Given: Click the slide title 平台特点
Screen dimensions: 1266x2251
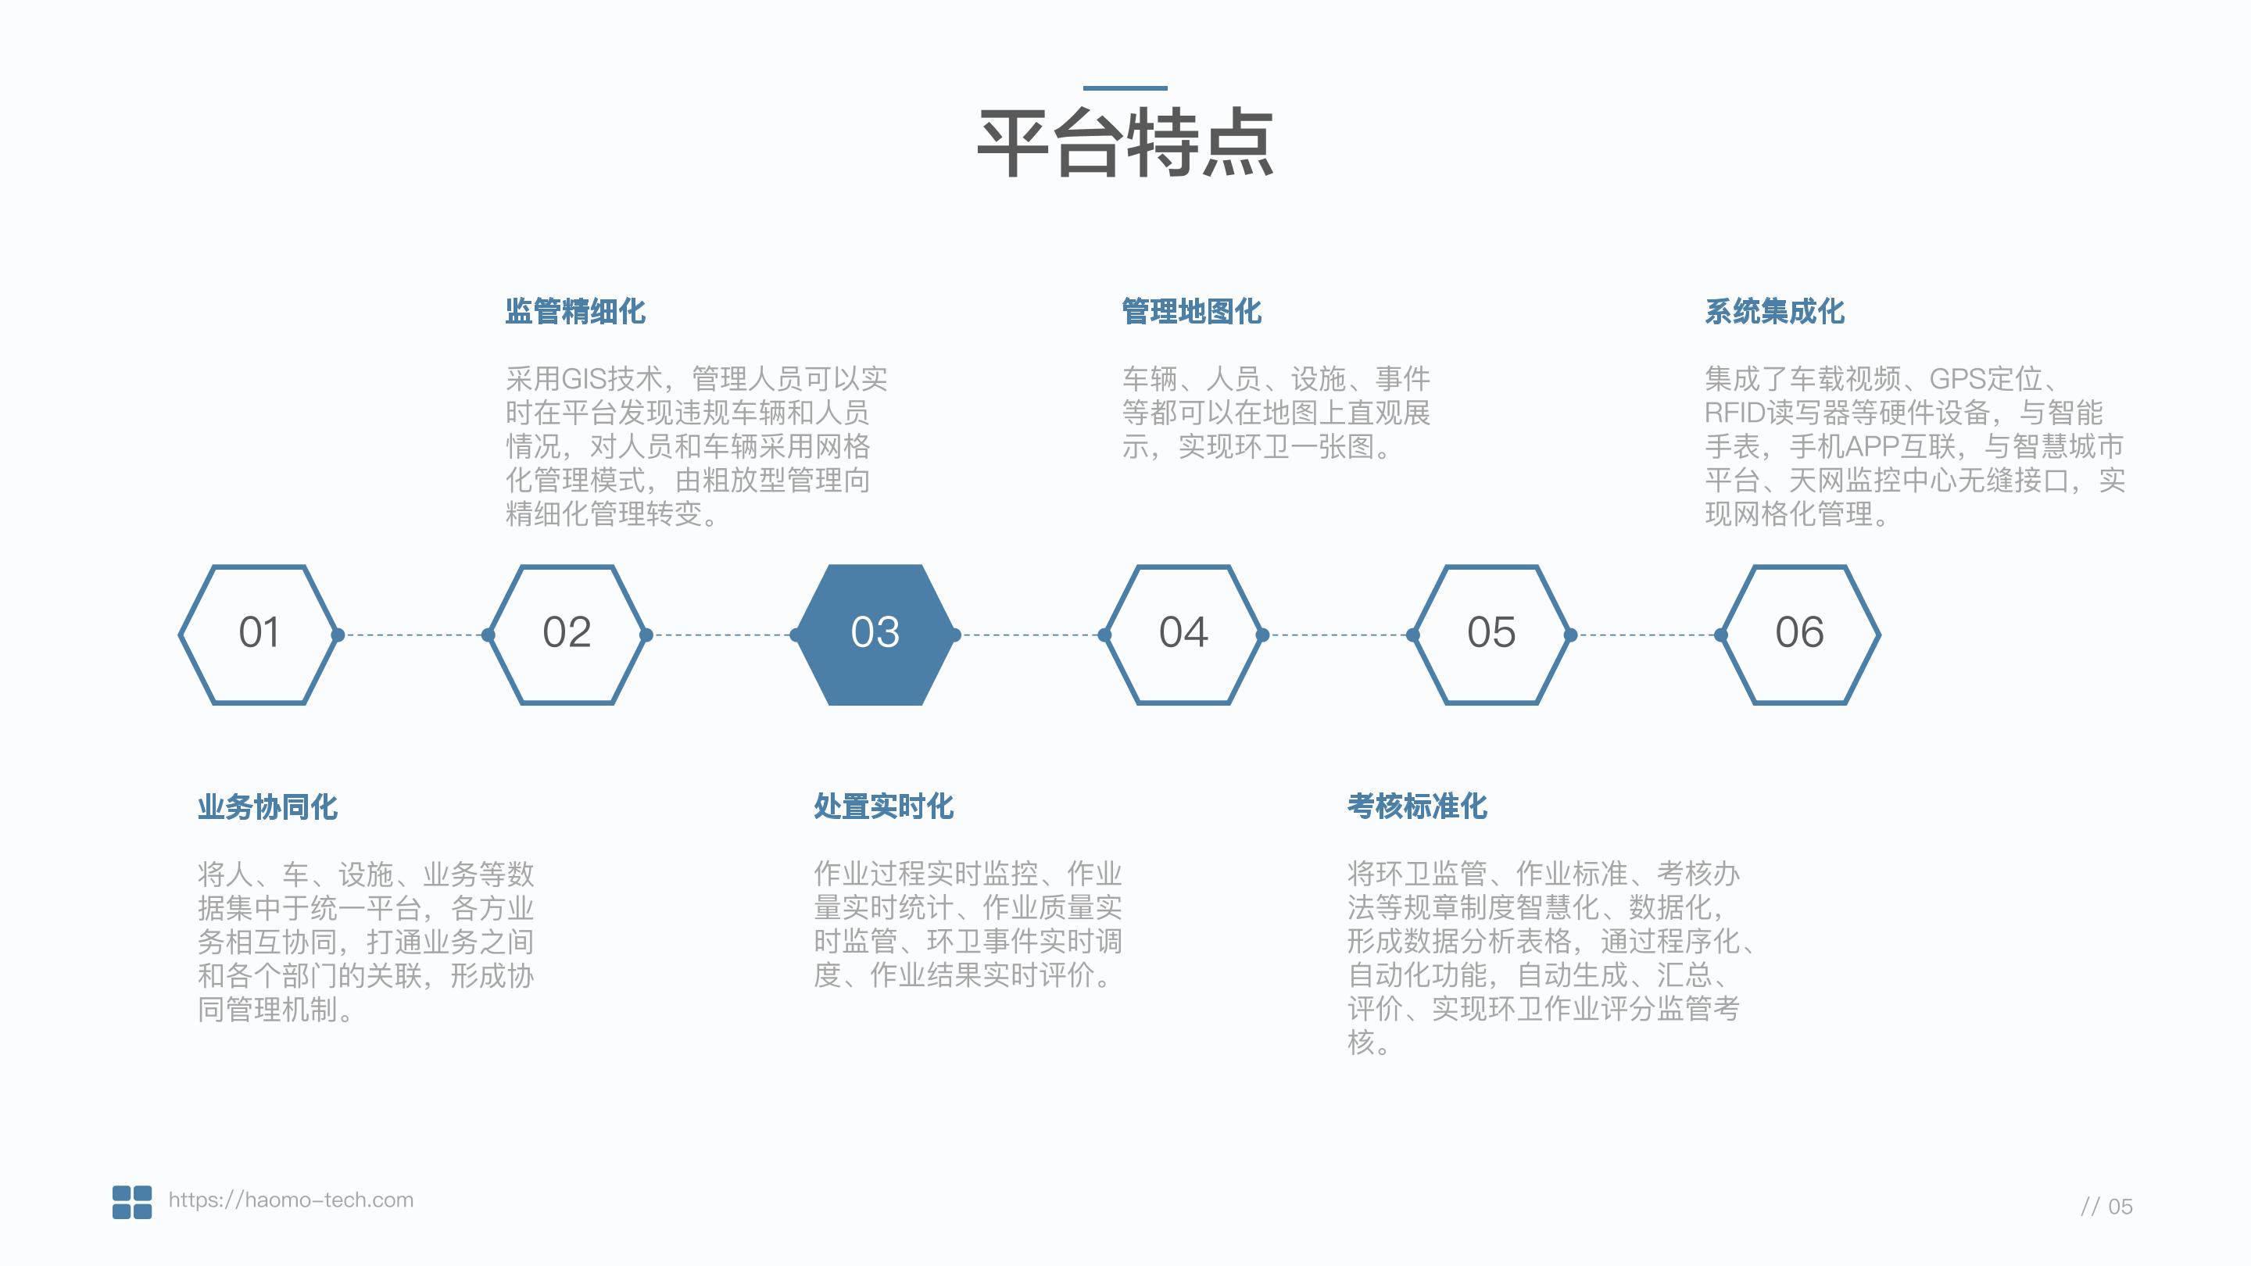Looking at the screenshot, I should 1125,143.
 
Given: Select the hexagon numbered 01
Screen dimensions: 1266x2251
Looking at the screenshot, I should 259,634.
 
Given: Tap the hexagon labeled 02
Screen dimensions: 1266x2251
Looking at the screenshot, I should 566,634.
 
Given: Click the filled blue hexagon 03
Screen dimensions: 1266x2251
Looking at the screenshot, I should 875,634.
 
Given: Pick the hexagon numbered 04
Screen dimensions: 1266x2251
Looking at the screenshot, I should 1183,634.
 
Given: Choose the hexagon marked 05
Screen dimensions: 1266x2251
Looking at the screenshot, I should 1491,634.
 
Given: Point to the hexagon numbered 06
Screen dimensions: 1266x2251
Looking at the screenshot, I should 1799,634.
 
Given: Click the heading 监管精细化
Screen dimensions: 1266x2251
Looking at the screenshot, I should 575,311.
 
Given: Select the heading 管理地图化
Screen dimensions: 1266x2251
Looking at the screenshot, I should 1191,311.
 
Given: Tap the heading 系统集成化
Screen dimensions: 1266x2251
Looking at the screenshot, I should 1774,311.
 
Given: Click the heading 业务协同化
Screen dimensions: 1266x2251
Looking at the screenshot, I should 267,806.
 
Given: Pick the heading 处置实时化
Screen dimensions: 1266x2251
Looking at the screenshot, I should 883,806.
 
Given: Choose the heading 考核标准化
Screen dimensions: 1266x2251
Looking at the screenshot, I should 1416,806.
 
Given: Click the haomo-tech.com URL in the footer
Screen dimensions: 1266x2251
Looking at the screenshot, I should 291,1200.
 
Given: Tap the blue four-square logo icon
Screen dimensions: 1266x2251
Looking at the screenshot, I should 132,1201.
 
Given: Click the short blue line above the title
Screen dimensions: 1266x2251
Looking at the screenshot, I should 1125,88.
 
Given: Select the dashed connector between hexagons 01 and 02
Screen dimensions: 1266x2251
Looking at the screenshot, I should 413,635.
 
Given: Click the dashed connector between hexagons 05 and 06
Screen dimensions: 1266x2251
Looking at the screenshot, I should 1645,635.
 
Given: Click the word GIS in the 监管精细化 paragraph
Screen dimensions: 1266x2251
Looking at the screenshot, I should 584,379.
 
